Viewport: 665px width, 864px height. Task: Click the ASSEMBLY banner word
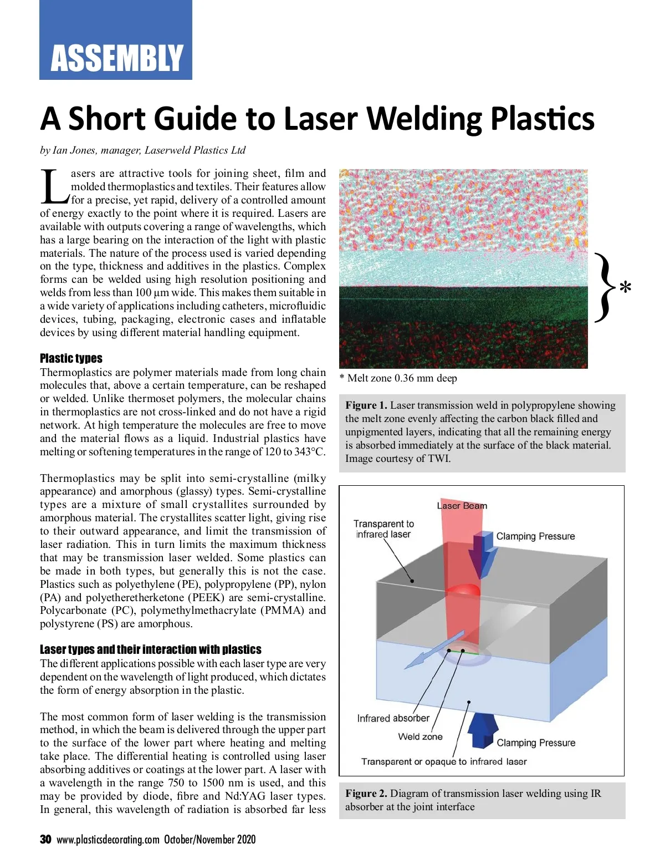click(116, 58)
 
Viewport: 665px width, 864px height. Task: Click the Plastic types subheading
click(71, 358)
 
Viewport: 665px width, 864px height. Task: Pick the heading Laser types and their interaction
click(150, 649)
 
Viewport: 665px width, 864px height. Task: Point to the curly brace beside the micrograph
click(604, 287)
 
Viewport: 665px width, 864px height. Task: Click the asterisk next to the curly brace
click(625, 288)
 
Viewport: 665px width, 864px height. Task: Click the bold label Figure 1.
click(366, 405)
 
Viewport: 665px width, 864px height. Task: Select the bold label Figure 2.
click(366, 794)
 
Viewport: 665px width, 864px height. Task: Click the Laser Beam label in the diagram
click(462, 506)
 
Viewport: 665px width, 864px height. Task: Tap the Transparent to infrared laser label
click(383, 529)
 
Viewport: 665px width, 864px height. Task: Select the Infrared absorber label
click(393, 718)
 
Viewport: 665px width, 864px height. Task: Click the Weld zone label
click(420, 737)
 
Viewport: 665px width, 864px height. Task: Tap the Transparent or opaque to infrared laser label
click(444, 761)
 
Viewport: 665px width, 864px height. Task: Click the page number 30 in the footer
click(45, 840)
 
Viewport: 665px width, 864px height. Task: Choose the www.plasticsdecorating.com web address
click(108, 840)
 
